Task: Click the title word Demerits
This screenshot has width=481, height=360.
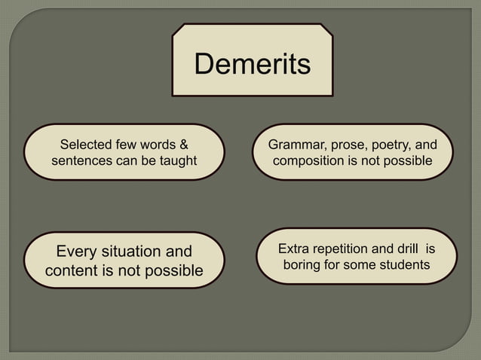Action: tap(252, 65)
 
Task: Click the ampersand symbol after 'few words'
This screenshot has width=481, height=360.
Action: tap(183, 144)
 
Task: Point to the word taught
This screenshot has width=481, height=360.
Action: tap(178, 161)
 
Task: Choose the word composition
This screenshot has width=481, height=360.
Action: tap(311, 161)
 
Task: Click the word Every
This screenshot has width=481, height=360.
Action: tap(80, 252)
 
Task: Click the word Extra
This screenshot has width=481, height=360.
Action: tap(294, 249)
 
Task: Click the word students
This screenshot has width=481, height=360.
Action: tap(404, 265)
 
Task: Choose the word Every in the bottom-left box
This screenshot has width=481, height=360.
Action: tap(80, 252)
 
